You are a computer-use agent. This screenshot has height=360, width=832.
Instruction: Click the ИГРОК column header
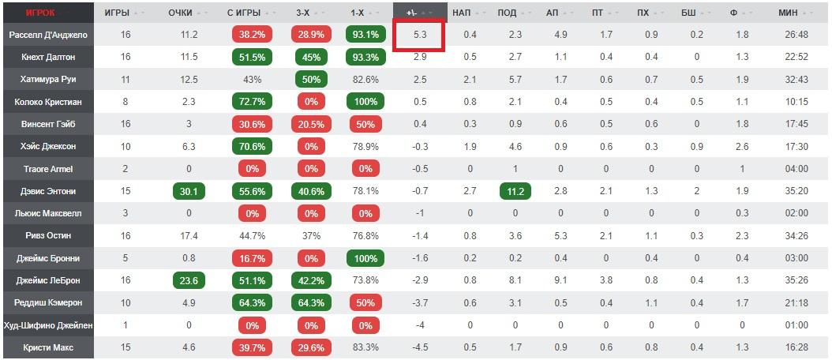(39, 12)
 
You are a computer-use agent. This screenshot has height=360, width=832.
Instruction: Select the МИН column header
(789, 12)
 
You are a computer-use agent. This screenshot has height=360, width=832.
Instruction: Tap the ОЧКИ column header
(181, 12)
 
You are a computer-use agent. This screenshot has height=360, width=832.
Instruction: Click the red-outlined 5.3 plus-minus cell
(418, 35)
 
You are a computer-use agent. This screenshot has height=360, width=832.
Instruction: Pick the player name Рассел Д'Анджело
(48, 35)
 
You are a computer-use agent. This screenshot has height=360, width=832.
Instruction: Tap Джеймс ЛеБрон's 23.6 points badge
(189, 281)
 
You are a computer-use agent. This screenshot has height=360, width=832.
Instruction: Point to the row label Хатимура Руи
(48, 79)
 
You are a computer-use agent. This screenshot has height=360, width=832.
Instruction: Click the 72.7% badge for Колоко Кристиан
(252, 102)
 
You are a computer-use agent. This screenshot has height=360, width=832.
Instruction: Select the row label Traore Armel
(48, 170)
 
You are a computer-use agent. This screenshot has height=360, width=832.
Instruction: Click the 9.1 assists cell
(560, 281)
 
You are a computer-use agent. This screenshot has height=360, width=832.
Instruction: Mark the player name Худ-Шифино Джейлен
(48, 325)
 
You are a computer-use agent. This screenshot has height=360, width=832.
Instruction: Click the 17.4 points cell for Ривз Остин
(189, 236)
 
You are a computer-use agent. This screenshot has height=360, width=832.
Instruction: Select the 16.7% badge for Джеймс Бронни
(252, 259)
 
